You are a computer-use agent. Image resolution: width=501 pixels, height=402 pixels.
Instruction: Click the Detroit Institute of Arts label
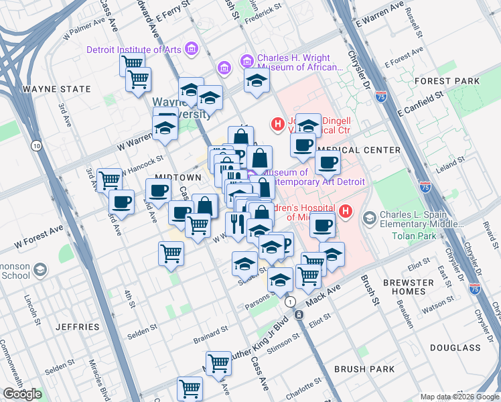tap(135, 49)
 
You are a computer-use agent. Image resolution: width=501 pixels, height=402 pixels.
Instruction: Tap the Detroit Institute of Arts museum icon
tap(192, 49)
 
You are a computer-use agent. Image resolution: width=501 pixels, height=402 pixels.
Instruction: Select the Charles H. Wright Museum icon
tap(246, 62)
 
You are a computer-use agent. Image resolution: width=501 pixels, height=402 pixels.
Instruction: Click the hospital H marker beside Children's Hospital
tap(346, 212)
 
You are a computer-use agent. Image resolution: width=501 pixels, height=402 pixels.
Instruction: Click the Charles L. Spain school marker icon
tap(369, 218)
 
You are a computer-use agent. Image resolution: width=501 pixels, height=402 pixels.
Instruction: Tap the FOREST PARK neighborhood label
tap(446, 81)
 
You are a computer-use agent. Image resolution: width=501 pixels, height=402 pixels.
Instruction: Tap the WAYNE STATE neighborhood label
tap(57, 88)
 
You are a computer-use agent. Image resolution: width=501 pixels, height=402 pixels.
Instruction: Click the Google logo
tap(22, 394)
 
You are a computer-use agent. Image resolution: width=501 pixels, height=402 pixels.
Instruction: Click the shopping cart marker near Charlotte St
tap(190, 388)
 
